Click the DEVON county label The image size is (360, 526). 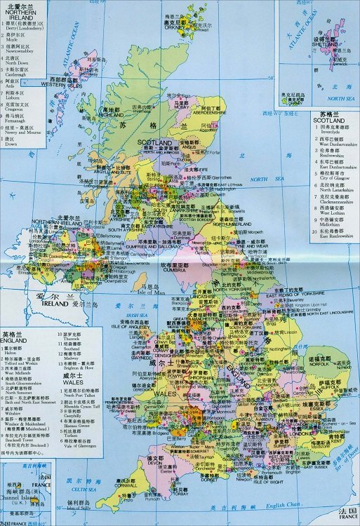click(x=155, y=464)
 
